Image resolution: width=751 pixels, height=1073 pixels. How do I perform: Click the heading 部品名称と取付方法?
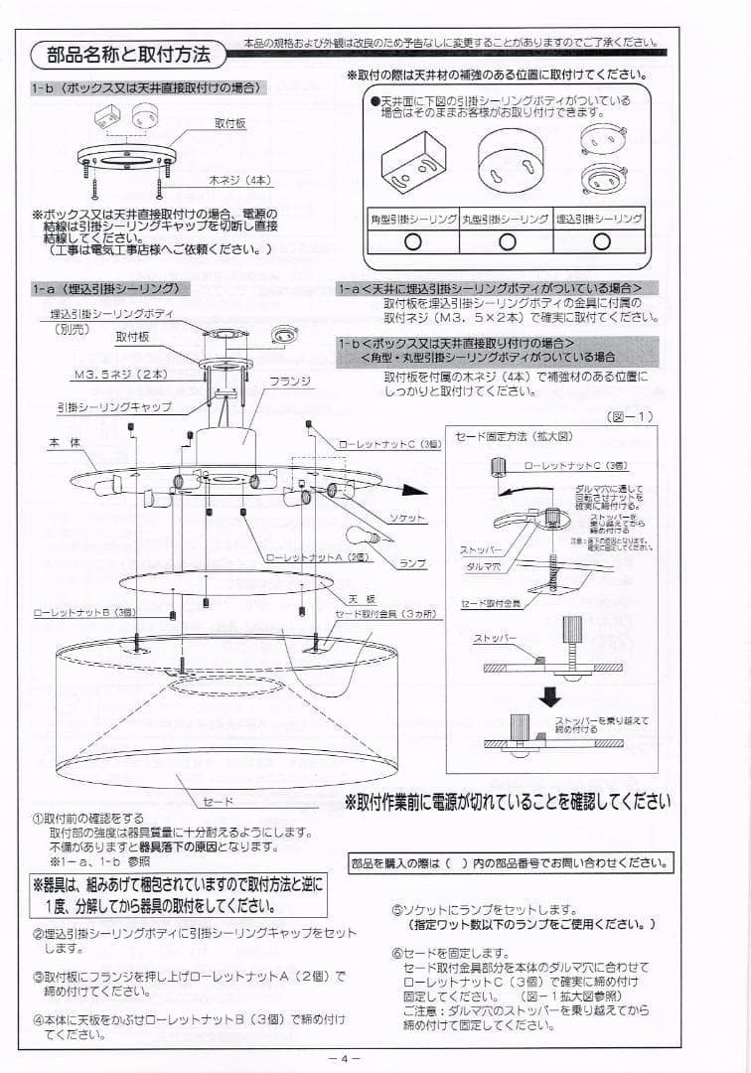(128, 54)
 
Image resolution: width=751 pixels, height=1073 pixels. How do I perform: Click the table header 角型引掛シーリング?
(412, 218)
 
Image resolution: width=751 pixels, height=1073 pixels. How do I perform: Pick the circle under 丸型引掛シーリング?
(507, 240)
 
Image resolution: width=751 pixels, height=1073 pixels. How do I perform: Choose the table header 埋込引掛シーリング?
(599, 218)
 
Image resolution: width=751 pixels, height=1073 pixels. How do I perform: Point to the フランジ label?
(290, 381)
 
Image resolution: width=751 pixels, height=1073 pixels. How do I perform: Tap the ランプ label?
(411, 563)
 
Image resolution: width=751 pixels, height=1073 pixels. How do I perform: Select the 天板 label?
(360, 599)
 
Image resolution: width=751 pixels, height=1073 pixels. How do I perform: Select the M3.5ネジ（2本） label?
(119, 375)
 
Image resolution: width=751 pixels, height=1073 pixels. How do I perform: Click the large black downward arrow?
(549, 695)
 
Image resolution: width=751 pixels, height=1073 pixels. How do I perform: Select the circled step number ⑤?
(396, 909)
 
